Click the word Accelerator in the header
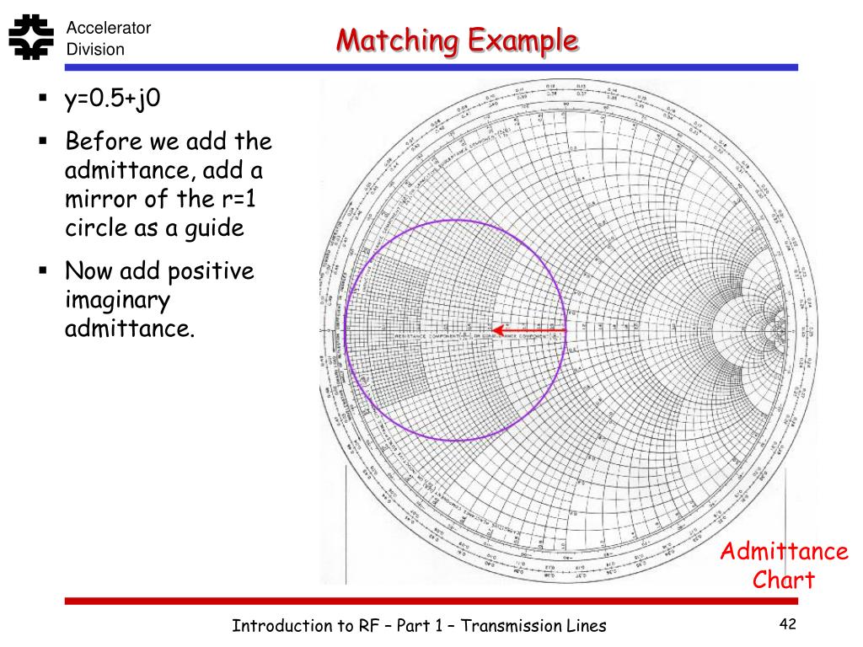109,28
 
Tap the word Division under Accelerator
95,50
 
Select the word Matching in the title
395,40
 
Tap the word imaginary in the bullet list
117,301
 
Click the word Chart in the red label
784,580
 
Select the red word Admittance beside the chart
784,552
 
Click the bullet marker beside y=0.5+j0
41,99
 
